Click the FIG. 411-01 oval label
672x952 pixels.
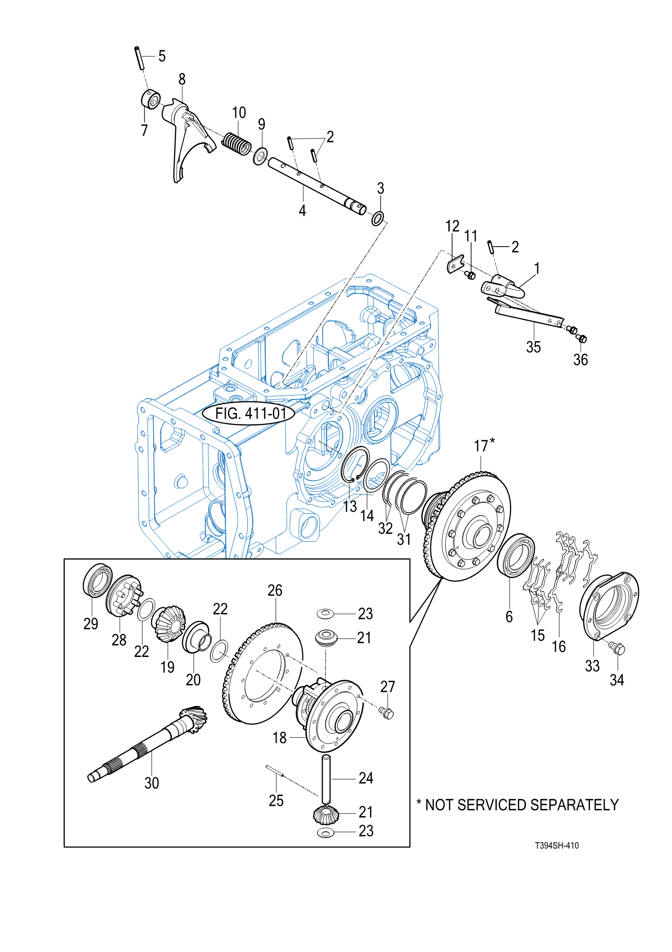pos(249,413)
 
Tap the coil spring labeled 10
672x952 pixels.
pos(237,143)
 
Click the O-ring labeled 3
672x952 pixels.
pos(378,218)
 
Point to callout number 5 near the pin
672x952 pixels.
pos(162,56)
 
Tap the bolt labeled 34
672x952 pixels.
pos(617,647)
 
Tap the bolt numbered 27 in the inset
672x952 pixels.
pos(387,713)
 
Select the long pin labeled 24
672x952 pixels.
pos(326,779)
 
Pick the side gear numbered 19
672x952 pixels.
pos(169,623)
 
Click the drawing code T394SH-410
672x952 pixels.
pos(557,845)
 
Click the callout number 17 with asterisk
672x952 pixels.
pos(484,445)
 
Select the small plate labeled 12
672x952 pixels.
pos(456,264)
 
